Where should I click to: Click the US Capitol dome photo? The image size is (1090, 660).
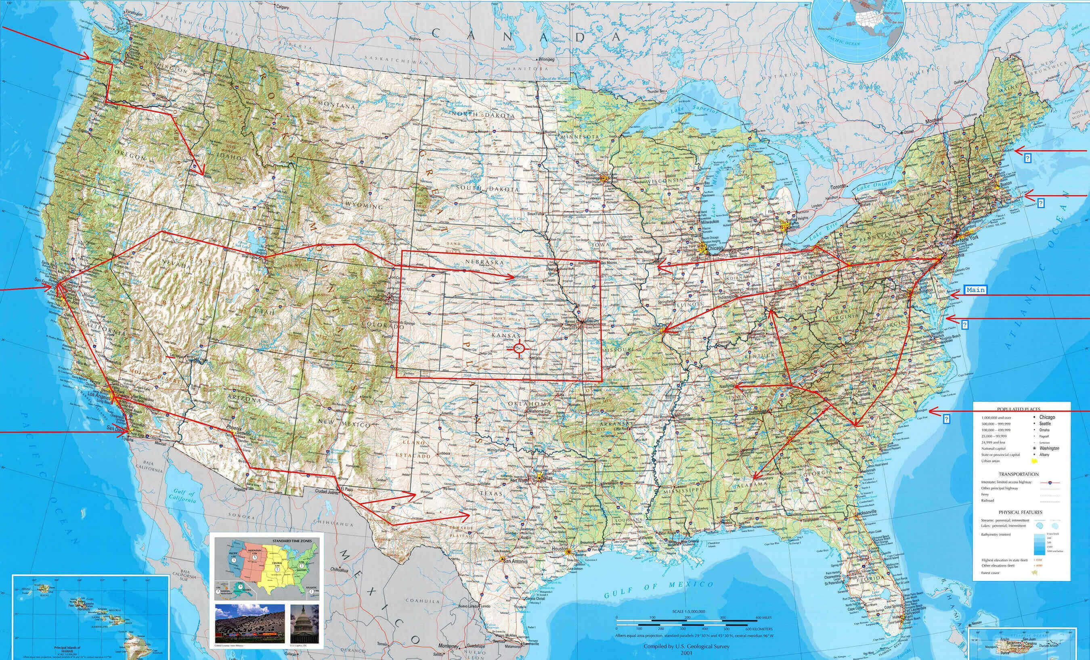(305, 624)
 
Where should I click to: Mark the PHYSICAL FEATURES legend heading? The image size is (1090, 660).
(1020, 512)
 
